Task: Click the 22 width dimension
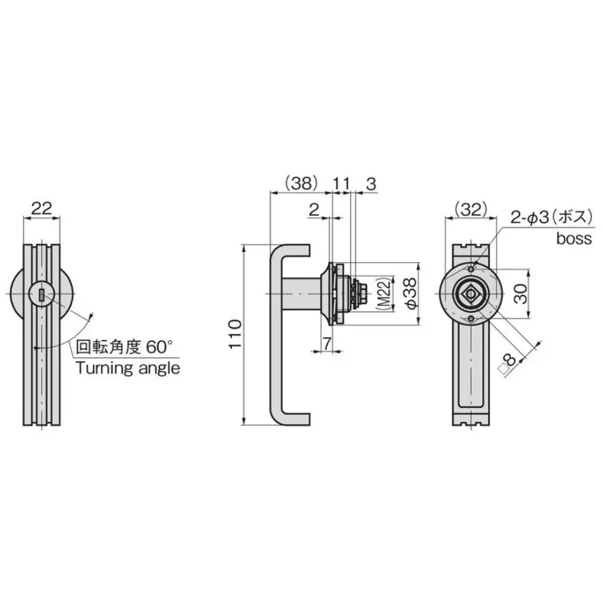[41, 208]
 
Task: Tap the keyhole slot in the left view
[42, 294]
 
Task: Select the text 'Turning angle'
[128, 368]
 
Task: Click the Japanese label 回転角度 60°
[124, 347]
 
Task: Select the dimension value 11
[341, 183]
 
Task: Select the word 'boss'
[574, 239]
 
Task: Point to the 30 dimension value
[522, 293]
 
